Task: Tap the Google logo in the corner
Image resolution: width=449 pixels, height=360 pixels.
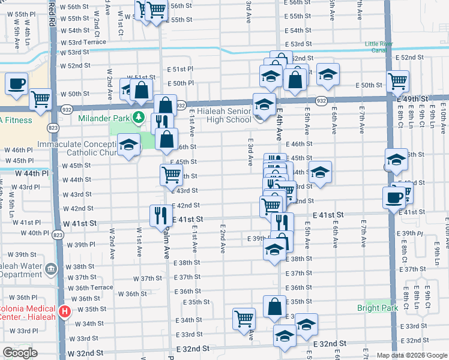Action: click(20, 353)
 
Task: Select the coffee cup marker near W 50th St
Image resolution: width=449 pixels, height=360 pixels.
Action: click(17, 83)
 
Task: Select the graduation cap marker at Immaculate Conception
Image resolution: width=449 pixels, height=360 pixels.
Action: click(128, 145)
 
